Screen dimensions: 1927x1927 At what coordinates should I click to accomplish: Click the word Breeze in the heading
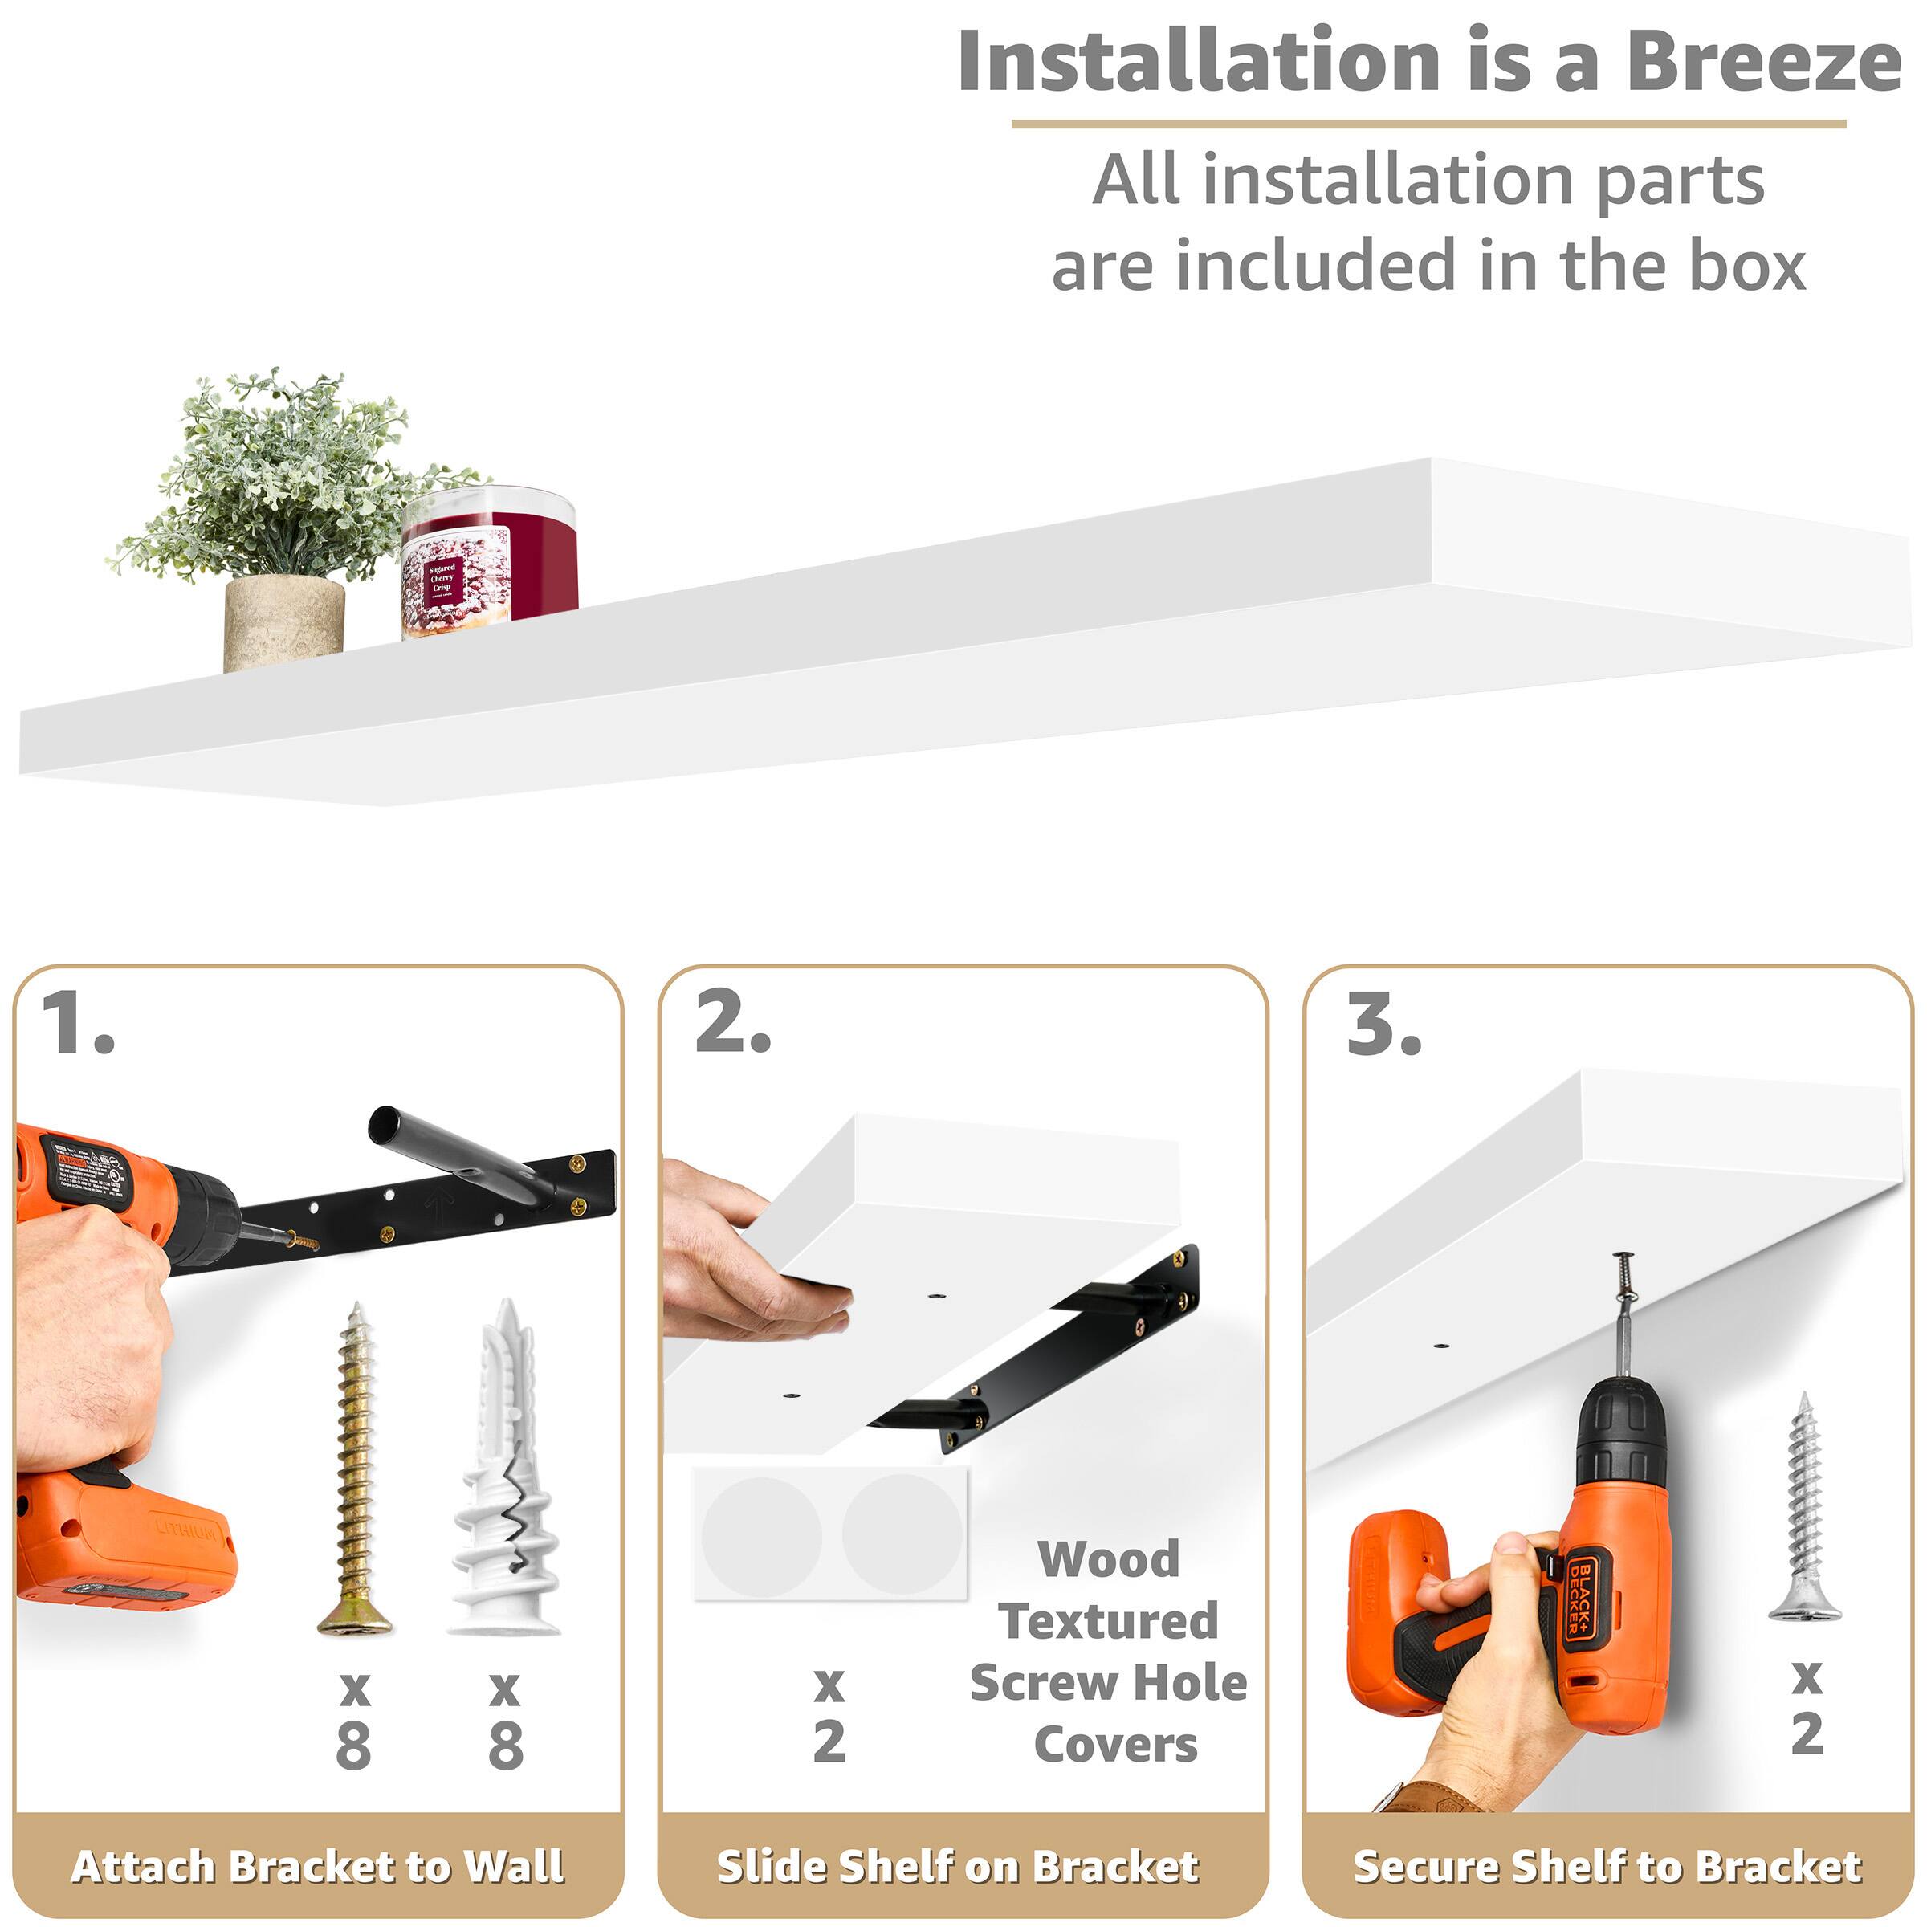point(1762,62)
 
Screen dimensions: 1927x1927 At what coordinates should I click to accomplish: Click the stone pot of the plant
point(283,622)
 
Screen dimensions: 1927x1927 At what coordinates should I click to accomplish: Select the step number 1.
point(77,1024)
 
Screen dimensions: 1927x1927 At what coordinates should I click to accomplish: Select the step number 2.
point(732,1024)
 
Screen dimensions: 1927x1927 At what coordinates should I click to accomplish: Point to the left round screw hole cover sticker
point(761,1537)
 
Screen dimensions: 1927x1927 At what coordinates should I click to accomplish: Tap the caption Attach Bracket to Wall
point(318,1867)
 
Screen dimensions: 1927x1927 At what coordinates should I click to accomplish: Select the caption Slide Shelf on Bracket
point(958,1867)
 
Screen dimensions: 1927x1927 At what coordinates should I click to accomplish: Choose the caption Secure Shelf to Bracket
point(1606,1867)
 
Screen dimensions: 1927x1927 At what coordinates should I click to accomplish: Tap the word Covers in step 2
point(1115,1745)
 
